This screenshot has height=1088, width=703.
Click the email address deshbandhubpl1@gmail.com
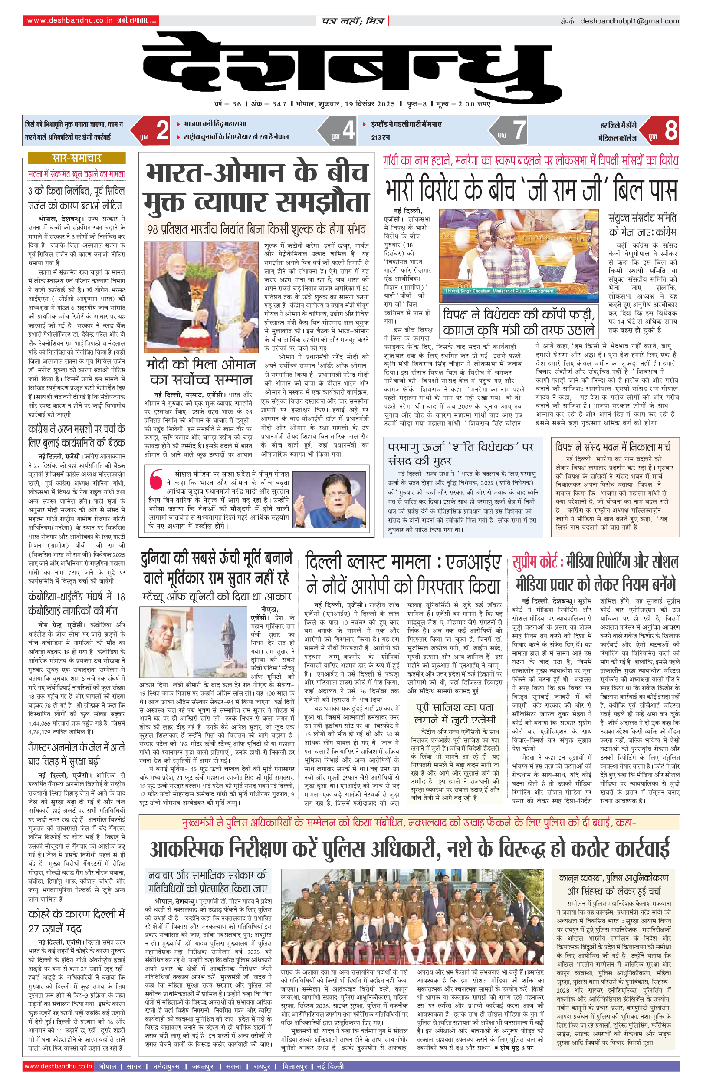(x=629, y=21)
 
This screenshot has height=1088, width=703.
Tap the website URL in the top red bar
(x=69, y=20)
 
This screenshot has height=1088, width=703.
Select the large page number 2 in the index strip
(x=162, y=130)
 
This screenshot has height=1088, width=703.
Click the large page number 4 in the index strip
(x=348, y=130)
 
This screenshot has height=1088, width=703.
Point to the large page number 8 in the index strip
(x=670, y=130)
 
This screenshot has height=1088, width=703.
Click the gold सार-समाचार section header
(x=76, y=158)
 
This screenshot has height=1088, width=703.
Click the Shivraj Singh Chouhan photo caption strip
(x=499, y=291)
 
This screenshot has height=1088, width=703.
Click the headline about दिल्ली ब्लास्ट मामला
(x=403, y=574)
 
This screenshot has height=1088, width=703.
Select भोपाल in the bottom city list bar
(x=108, y=1066)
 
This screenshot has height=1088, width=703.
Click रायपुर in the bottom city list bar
(x=262, y=1066)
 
